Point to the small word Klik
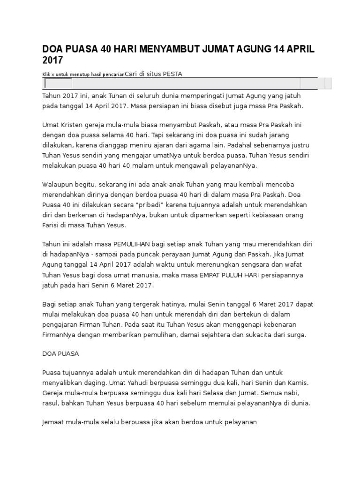(46, 75)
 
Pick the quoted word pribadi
(151, 205)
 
